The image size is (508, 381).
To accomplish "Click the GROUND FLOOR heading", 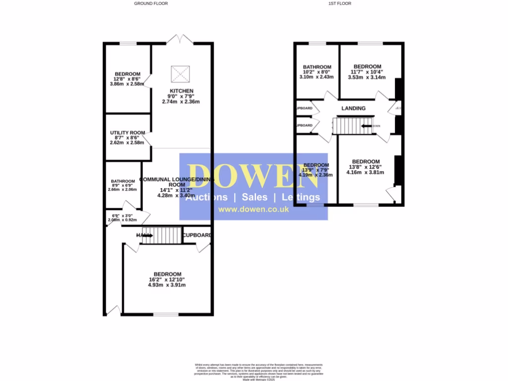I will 151,3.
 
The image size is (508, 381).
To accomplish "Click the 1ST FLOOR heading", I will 340,3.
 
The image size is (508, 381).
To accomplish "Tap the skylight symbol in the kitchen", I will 180,74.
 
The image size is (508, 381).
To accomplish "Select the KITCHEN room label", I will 181,91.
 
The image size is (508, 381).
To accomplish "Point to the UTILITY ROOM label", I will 127,132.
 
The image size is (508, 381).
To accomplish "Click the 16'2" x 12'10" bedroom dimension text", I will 167,279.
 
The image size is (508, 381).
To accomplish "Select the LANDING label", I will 353,108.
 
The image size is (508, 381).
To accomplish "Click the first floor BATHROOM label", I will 317,67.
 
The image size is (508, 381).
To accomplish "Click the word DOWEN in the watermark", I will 253,177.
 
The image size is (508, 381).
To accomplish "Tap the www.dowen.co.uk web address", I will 254,210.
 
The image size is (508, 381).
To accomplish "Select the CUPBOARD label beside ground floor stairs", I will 197,235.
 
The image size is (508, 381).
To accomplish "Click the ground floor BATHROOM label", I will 123,181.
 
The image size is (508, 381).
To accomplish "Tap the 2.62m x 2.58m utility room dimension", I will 127,142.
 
